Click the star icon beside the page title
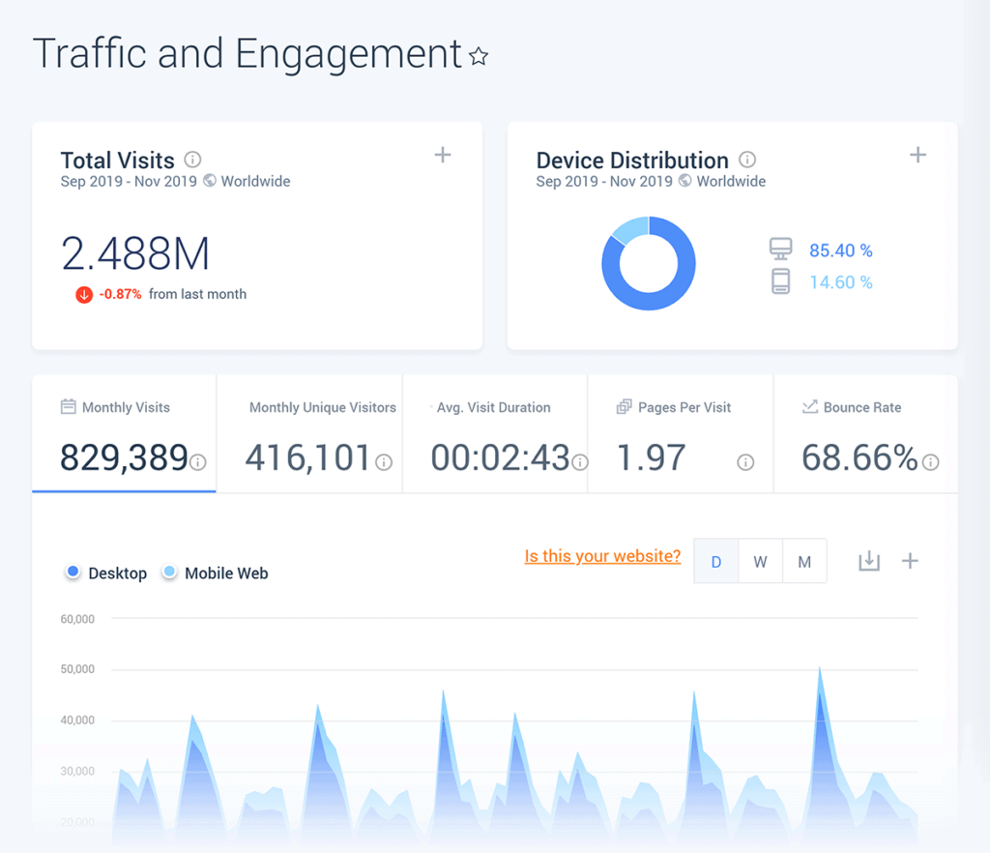click(x=479, y=57)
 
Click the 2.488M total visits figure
click(x=135, y=253)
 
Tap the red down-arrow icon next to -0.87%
click(x=84, y=294)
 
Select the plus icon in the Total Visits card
click(x=443, y=155)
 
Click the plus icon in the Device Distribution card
click(x=918, y=155)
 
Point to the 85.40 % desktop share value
click(x=840, y=250)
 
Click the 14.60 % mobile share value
click(x=840, y=282)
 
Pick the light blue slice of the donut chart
click(x=630, y=229)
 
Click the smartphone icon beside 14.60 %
click(x=780, y=281)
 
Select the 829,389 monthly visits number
click(x=124, y=457)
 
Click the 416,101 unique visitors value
click(x=307, y=457)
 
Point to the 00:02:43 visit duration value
click(x=500, y=457)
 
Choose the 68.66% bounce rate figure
click(x=859, y=457)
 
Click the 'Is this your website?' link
click(x=602, y=556)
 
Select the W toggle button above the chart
click(x=760, y=562)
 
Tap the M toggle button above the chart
click(x=804, y=562)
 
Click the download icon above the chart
click(x=869, y=561)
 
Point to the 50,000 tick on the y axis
click(x=77, y=669)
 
